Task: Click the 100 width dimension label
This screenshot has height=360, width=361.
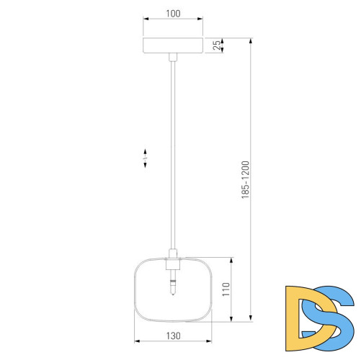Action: [x=173, y=14]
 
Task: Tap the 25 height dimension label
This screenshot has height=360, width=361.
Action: [x=217, y=45]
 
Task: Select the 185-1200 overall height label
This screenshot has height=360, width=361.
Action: [x=246, y=180]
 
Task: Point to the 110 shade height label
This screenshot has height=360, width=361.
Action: [x=226, y=289]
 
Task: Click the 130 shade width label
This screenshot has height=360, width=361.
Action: [x=173, y=336]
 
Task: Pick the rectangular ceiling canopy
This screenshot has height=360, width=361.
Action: [x=173, y=45]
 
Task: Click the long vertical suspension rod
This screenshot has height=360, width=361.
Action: [x=173, y=155]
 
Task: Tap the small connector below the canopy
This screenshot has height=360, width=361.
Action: [x=173, y=57]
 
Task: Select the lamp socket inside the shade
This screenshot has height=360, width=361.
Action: [x=173, y=264]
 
